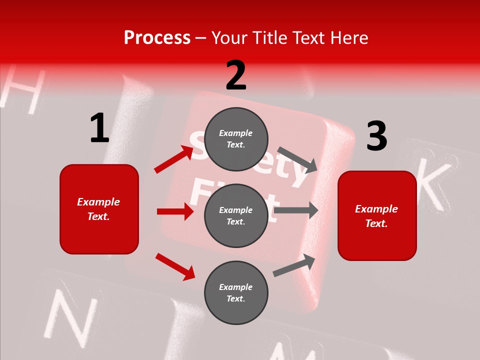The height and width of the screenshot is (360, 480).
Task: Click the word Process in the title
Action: click(157, 38)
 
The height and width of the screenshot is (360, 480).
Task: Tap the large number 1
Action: click(99, 128)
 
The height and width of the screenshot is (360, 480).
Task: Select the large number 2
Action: click(236, 76)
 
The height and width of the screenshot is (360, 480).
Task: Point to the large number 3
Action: click(376, 136)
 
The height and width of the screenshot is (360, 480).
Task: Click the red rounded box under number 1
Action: click(99, 209)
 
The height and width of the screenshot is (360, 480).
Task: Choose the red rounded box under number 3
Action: click(377, 215)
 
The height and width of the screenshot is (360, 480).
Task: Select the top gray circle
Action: click(236, 139)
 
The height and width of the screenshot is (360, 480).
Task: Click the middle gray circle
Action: click(236, 215)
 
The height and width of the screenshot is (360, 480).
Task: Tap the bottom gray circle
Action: click(236, 292)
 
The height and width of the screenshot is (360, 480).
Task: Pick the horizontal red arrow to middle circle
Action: click(175, 211)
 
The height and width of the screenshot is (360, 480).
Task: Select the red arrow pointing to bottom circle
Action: click(175, 266)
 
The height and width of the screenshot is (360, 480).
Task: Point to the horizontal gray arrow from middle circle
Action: click(295, 210)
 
